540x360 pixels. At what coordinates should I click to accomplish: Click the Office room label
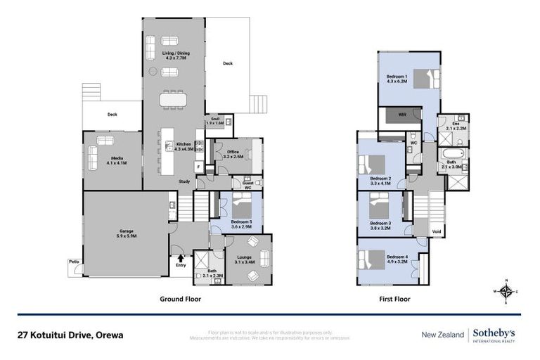233,155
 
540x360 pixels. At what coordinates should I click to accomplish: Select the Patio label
73,262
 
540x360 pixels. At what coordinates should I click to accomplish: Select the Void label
437,231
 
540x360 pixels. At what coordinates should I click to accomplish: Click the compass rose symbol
506,290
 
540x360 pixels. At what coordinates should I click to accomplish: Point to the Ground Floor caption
180,298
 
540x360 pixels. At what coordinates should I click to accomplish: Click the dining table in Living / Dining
173,101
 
